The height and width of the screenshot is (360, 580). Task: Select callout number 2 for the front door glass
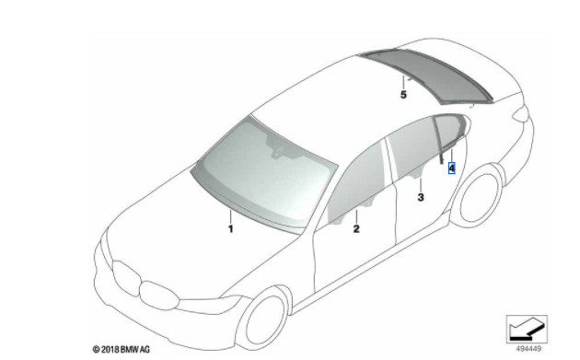pos(355,227)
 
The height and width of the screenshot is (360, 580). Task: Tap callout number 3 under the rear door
pos(421,197)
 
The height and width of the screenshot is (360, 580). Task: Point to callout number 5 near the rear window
pos(403,94)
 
